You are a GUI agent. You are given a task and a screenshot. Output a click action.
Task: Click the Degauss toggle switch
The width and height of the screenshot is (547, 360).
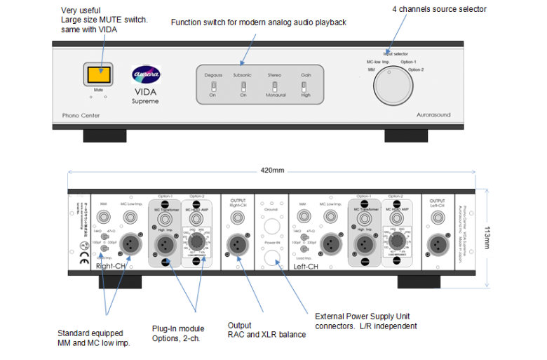click(x=214, y=87)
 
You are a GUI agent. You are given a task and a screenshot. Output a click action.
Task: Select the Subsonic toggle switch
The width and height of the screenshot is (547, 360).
click(x=243, y=87)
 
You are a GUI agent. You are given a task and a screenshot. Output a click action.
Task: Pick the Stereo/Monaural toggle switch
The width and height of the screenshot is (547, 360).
click(x=274, y=87)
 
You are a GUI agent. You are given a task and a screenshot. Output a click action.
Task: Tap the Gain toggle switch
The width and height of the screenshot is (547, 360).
click(x=304, y=87)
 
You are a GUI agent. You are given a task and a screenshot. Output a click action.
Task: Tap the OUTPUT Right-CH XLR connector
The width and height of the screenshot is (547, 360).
click(x=237, y=243)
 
